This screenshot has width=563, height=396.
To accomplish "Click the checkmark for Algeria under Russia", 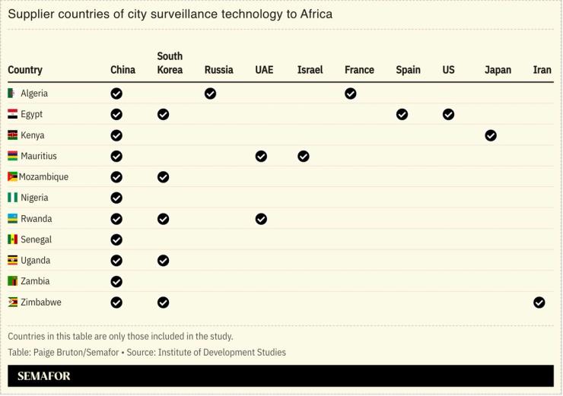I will pos(210,93).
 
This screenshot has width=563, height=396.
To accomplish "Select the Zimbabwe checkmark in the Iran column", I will pos(539,303).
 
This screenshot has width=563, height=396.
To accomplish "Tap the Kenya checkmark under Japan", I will pos(491,135).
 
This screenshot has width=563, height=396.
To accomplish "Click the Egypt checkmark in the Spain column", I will pos(402,115).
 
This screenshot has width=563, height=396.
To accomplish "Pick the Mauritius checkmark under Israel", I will pos(304,157).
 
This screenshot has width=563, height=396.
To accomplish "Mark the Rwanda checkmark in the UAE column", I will pos(261,219).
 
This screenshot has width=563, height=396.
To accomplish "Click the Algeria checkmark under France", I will pos(350,93).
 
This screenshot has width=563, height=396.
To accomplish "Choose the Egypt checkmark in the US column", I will pos(448,115).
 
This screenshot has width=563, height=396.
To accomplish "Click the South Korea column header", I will pos(170,63).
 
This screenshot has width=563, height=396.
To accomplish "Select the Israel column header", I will pos(310,70).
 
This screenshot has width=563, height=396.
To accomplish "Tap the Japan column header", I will pos(498,70).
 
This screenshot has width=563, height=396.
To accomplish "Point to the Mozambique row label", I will pos(43,177).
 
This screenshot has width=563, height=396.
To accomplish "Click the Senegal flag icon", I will pos(12,239).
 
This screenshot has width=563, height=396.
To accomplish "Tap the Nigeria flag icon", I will pos(12,198).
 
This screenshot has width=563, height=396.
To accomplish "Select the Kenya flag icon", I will pos(12,135).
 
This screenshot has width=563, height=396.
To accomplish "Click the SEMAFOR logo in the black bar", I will pos(43,376).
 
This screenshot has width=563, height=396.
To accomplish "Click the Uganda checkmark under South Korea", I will pos(163,261).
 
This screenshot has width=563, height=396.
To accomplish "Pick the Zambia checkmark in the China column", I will pos(116,281).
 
